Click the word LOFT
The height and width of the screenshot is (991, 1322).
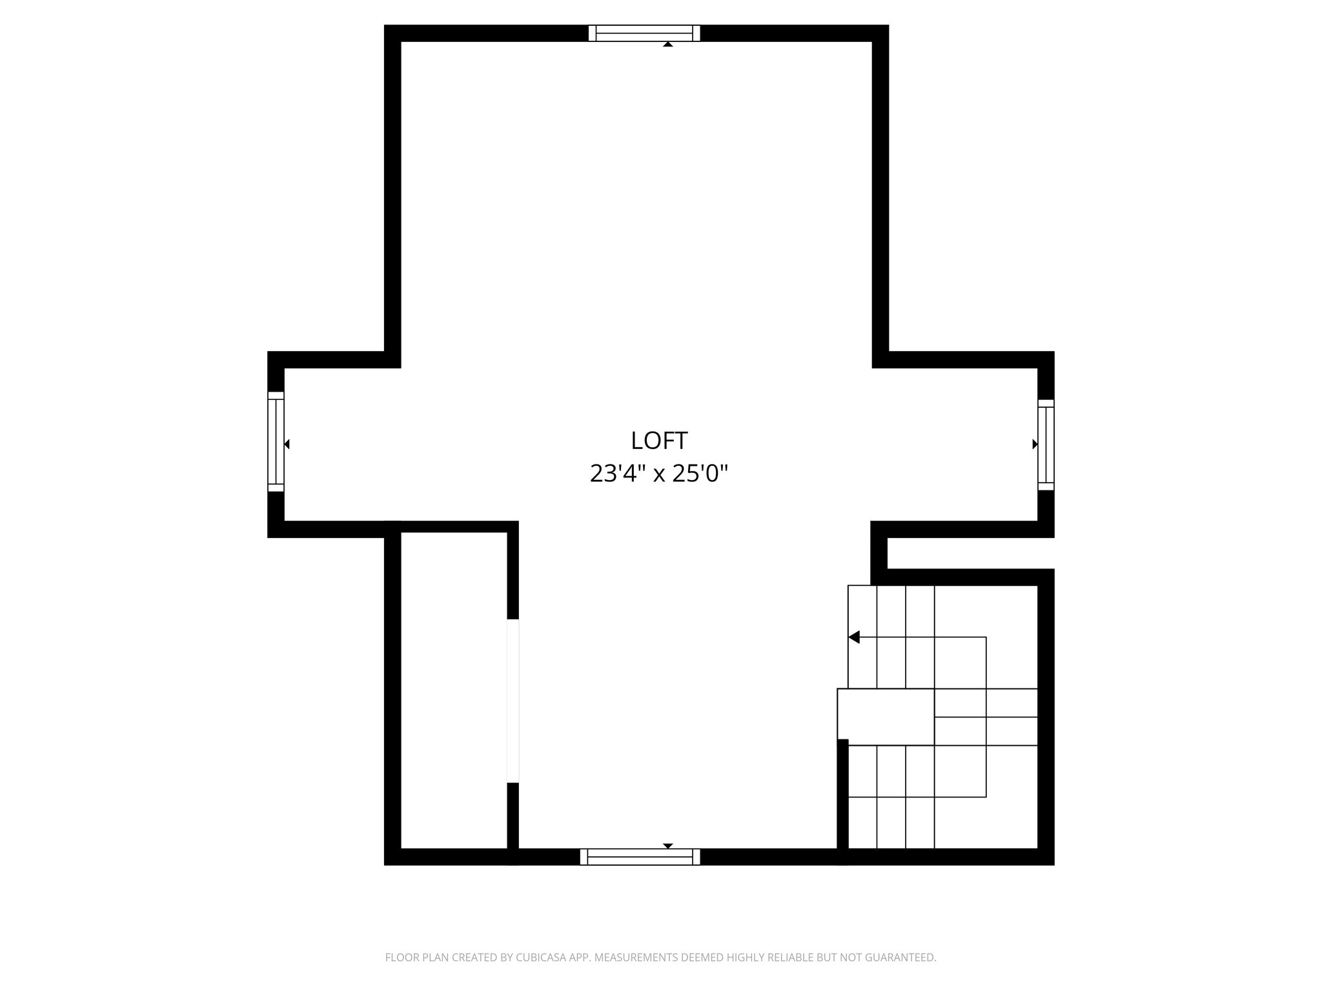[x=659, y=441]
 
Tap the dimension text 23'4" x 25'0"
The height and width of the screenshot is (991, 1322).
[x=659, y=474]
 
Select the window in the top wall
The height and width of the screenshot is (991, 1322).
[x=644, y=33]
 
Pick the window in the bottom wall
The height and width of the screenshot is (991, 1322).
[x=640, y=857]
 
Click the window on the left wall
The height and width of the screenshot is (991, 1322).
[x=276, y=441]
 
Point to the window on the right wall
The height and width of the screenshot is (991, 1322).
[x=1046, y=445]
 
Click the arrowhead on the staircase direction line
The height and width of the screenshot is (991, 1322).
[x=854, y=637]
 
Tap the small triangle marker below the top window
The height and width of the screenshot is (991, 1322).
[x=668, y=44]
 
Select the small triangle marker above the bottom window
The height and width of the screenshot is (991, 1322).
[x=668, y=845]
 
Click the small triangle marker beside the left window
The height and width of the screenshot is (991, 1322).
[x=287, y=444]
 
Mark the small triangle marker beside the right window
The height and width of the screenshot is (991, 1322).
[x=1035, y=444]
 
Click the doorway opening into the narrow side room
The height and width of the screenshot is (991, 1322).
[x=513, y=701]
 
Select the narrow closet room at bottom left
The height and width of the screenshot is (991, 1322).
[x=454, y=690]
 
